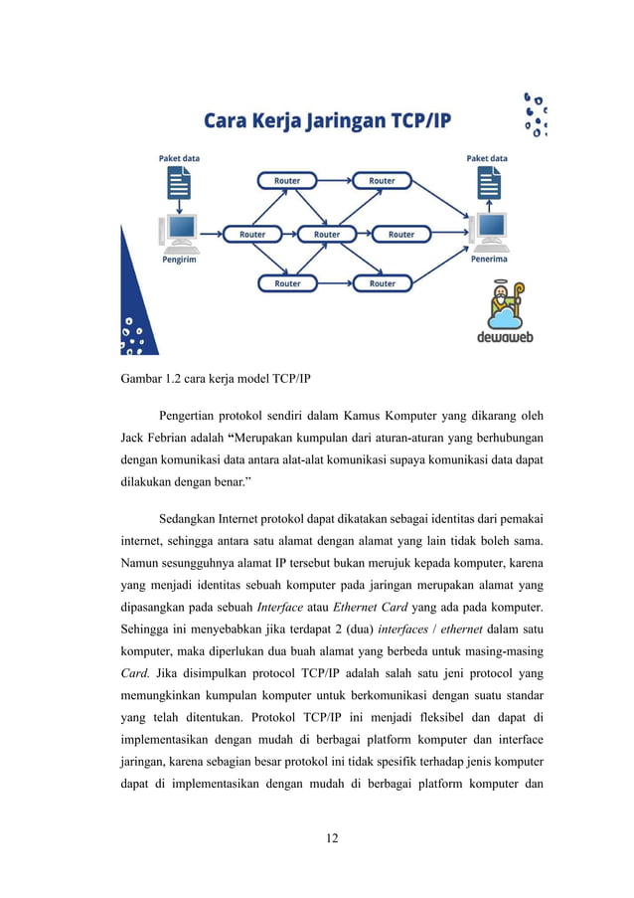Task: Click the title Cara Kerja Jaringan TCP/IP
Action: [327, 121]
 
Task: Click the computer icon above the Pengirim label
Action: [180, 231]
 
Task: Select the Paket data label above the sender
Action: [180, 158]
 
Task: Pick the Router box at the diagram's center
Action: [327, 235]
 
